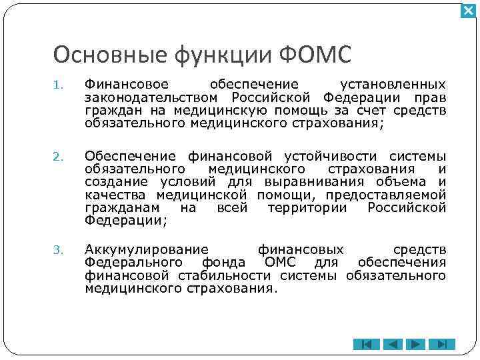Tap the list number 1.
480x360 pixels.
coord(58,85)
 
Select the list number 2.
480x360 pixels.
coord(58,157)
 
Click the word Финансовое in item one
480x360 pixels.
coord(127,85)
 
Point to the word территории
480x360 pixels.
coord(307,207)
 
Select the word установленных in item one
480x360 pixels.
coord(393,85)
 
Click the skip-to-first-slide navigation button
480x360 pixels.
coord(366,345)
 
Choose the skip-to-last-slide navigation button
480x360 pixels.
coord(441,345)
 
